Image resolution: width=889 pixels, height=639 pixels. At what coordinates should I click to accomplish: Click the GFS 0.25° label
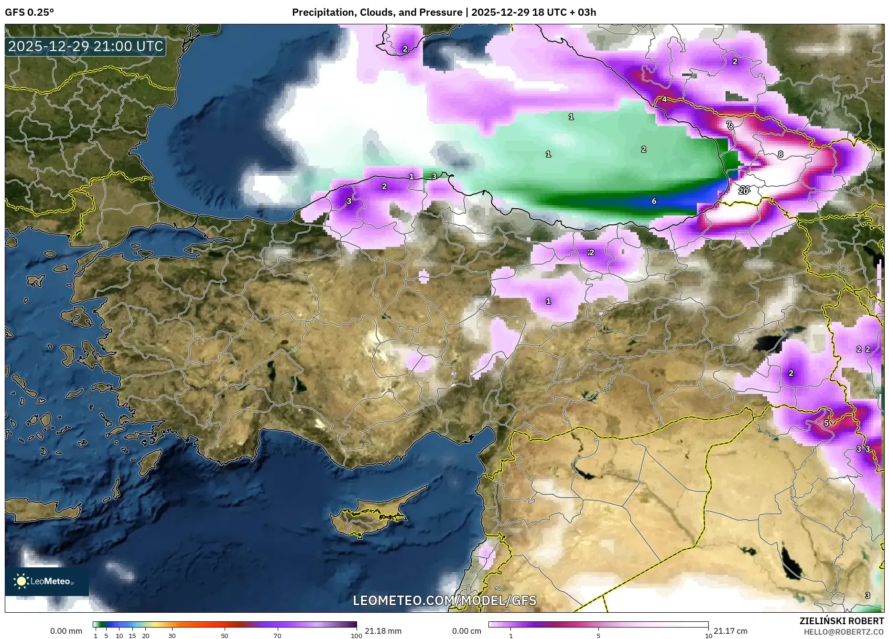pyautogui.click(x=29, y=12)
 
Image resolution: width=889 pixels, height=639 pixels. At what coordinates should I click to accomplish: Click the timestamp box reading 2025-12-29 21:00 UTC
pyautogui.click(x=86, y=46)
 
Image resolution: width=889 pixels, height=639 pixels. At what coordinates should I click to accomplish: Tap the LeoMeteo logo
pyautogui.click(x=46, y=581)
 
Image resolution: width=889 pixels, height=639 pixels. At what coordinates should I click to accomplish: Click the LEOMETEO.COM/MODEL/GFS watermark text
pyautogui.click(x=444, y=600)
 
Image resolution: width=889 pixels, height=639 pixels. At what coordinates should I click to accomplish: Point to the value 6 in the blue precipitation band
pyautogui.click(x=654, y=201)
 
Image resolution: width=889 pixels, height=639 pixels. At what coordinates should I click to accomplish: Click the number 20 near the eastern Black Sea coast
pyautogui.click(x=743, y=192)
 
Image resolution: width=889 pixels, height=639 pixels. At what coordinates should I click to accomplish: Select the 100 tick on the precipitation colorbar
pyautogui.click(x=356, y=635)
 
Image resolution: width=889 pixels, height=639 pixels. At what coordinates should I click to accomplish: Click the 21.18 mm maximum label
pyautogui.click(x=383, y=631)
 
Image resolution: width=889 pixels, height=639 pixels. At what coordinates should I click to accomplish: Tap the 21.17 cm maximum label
pyautogui.click(x=730, y=631)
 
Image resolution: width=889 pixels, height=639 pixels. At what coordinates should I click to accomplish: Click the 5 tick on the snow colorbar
pyautogui.click(x=598, y=635)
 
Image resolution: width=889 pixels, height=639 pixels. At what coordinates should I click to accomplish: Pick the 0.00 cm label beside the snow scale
pyautogui.click(x=467, y=631)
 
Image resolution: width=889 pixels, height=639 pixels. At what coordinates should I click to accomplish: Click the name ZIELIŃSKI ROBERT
pyautogui.click(x=841, y=621)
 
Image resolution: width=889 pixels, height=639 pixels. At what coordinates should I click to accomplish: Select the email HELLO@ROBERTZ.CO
pyautogui.click(x=843, y=632)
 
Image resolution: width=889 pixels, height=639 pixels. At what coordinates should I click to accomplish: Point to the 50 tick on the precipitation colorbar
pyautogui.click(x=225, y=635)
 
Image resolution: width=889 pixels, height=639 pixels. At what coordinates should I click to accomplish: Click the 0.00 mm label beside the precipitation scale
pyautogui.click(x=66, y=631)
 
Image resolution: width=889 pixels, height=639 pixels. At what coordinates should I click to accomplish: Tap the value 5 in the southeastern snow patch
pyautogui.click(x=826, y=423)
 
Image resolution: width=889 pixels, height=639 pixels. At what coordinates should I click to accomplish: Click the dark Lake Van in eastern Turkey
pyautogui.click(x=770, y=343)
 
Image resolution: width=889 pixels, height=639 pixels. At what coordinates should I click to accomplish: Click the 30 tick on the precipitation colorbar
pyautogui.click(x=172, y=635)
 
